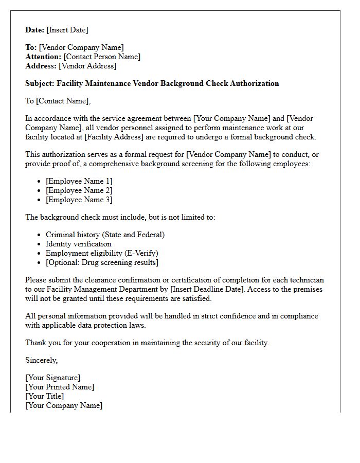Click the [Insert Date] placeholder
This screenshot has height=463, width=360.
pyautogui.click(x=67, y=30)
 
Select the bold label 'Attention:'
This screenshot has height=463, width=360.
pyautogui.click(x=43, y=57)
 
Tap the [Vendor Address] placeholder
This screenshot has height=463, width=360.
pyautogui.click(x=87, y=66)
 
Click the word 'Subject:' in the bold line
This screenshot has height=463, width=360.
pyautogui.click(x=40, y=83)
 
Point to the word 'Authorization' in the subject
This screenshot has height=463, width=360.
pyautogui.click(x=253, y=83)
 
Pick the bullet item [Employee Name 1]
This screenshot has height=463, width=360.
pyautogui.click(x=79, y=181)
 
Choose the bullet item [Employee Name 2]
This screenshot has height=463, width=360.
pyautogui.click(x=79, y=190)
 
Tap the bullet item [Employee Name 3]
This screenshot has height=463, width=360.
pyautogui.click(x=79, y=200)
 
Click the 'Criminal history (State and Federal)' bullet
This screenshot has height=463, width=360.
pyautogui.click(x=105, y=235)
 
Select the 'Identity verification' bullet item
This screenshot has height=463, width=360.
pyautogui.click(x=78, y=244)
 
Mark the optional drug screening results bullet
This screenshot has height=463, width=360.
pyautogui.click(x=102, y=262)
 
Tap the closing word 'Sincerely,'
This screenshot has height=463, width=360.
pyautogui.click(x=42, y=360)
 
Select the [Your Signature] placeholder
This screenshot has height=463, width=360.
pyautogui.click(x=52, y=378)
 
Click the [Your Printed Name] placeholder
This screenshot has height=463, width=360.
pyautogui.click(x=60, y=387)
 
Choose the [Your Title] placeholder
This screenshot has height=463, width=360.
pyautogui.click(x=45, y=396)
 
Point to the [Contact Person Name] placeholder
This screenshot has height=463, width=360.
pyautogui.click(x=102, y=57)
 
